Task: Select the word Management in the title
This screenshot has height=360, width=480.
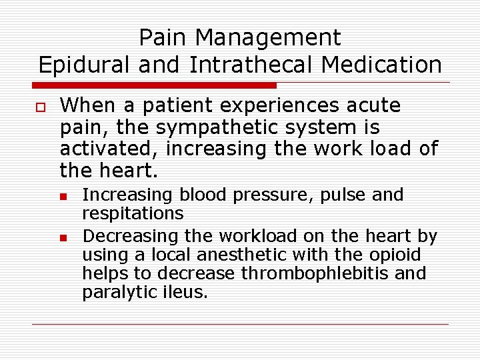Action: tap(265, 37)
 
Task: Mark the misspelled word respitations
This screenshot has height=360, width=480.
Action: tap(133, 213)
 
